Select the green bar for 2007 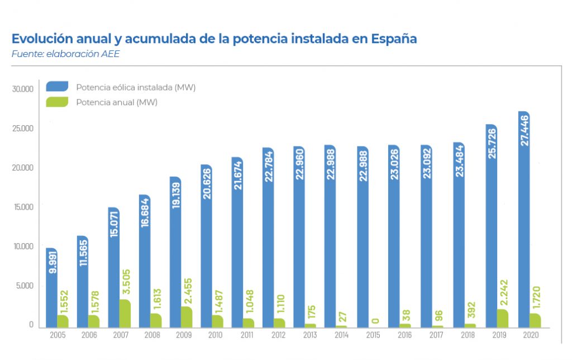coord(125,314)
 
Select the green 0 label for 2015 coord(375,320)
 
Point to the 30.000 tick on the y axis coord(23,89)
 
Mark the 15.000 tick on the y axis coord(23,207)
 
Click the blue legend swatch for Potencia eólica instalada coord(57,87)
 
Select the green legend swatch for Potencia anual coord(57,102)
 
